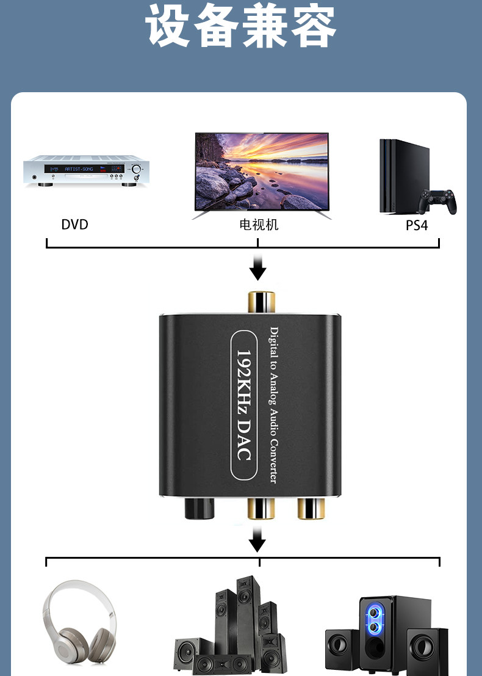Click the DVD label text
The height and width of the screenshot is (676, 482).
point(74,225)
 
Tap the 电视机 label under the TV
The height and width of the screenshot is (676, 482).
point(259,225)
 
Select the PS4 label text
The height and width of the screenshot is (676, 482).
point(417,225)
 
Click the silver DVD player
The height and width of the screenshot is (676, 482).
point(86,171)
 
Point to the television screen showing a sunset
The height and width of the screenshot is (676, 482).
point(262,172)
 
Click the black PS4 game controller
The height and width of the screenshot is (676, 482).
point(437,201)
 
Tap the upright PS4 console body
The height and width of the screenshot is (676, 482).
point(404,176)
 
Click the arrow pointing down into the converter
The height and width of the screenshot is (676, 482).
point(257,267)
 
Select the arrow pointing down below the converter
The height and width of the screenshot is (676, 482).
point(257,540)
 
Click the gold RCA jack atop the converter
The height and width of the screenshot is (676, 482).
point(262,302)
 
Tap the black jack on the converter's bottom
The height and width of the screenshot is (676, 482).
point(200,508)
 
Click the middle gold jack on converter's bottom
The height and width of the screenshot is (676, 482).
point(261,509)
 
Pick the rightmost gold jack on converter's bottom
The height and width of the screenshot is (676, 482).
point(311,509)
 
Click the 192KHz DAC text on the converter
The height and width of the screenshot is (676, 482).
point(244,405)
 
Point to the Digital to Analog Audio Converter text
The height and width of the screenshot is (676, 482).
point(274,405)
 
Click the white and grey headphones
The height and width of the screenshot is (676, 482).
point(79,621)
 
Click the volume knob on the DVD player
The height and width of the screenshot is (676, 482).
point(137,169)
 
